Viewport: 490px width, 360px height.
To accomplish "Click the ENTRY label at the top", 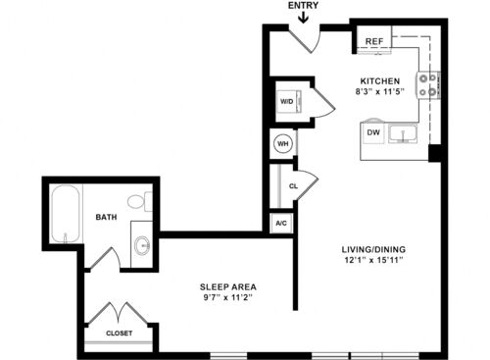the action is point(303,5).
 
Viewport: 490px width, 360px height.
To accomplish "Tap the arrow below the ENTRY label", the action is point(304,18).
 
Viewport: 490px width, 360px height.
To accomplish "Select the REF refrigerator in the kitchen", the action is point(374,40).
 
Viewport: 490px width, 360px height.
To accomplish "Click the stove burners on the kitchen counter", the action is point(428,85).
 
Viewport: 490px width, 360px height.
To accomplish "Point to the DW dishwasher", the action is point(373,132).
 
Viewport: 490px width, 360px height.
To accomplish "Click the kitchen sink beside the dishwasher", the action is point(403,133).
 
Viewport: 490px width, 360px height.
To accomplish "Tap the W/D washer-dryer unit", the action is point(288,101).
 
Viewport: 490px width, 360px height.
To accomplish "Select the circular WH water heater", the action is point(283,143).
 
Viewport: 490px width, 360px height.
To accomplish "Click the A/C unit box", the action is point(281,224).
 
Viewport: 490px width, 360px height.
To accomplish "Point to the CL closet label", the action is point(293,186).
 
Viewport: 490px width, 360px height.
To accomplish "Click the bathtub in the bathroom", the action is point(66,214).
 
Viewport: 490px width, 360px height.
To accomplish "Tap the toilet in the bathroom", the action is point(140,202).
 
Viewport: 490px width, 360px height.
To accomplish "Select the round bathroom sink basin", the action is point(142,244).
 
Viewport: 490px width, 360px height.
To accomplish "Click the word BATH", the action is point(106,217).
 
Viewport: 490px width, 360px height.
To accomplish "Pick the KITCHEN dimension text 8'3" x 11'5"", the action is point(380,92).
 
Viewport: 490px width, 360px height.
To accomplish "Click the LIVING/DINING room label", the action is point(373,249).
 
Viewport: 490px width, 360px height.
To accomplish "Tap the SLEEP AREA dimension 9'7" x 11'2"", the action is point(227,298).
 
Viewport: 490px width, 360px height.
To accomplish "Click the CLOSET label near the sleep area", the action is point(120,334).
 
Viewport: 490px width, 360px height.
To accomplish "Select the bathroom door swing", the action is point(105,258).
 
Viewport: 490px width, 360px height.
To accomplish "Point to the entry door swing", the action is point(306,39).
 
